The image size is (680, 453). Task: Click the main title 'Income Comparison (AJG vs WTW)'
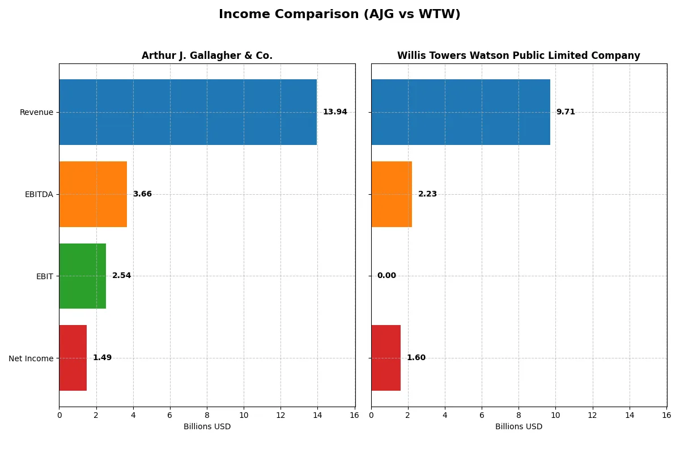[x=339, y=15]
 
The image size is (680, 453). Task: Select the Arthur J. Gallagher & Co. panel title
[x=207, y=55]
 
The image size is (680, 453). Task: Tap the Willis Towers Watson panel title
[x=518, y=55]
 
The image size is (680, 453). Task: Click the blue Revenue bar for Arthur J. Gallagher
[x=188, y=112]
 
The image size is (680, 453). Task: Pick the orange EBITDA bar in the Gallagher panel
[x=93, y=194]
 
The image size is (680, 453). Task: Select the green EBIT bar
[x=82, y=276]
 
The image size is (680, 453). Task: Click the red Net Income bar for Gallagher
[x=73, y=358]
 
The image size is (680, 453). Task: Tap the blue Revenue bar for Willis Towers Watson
[x=460, y=112]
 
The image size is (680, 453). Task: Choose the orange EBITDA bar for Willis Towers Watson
[x=392, y=194]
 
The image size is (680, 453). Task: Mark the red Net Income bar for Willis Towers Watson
[x=386, y=358]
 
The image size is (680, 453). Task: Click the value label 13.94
[x=335, y=112]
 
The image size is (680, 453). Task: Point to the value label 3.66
[x=142, y=194]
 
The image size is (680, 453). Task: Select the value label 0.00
[x=386, y=276]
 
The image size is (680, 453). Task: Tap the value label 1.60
[x=416, y=358]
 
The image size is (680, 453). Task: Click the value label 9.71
[x=566, y=112]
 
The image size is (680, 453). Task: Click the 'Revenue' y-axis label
[x=36, y=112]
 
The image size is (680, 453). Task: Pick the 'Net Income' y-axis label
[x=31, y=358]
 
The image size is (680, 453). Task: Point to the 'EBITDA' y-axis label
[x=39, y=194]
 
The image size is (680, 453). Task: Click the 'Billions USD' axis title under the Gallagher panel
[x=207, y=427]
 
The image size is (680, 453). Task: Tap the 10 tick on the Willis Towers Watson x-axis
[x=555, y=415]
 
